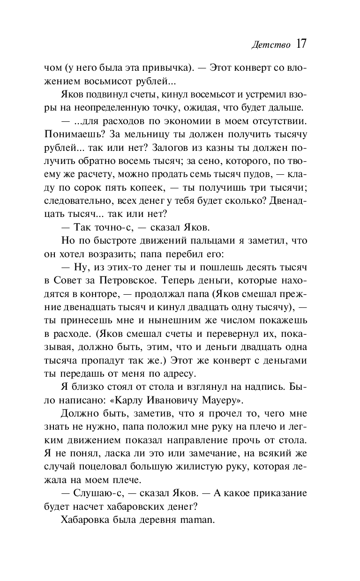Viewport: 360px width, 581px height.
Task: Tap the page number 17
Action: coord(300,44)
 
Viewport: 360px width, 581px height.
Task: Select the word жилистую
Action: coord(197,457)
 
